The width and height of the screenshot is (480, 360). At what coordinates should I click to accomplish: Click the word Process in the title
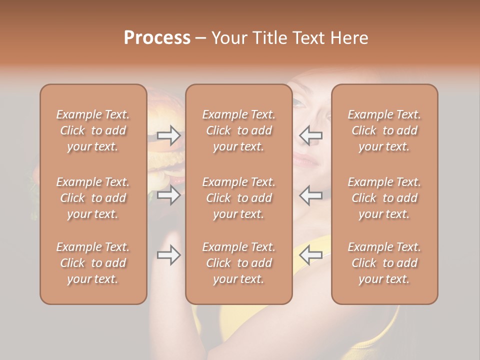click(x=157, y=38)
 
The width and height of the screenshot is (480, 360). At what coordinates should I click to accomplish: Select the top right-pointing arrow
click(x=168, y=135)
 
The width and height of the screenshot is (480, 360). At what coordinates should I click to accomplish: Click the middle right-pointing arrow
click(x=168, y=195)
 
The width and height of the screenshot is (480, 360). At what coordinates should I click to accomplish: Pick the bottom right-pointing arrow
click(x=168, y=255)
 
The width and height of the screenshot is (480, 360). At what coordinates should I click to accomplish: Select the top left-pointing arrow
click(x=310, y=135)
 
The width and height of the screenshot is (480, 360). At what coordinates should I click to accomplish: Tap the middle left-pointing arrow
click(x=310, y=195)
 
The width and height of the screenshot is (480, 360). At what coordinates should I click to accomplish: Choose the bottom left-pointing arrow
click(x=310, y=255)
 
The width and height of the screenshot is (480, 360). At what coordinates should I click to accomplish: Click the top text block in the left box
click(x=93, y=130)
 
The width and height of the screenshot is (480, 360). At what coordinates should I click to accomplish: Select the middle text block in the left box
click(x=93, y=198)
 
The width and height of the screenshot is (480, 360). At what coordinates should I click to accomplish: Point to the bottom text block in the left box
click(x=93, y=263)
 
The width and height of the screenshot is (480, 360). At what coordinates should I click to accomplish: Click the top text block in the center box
click(x=239, y=130)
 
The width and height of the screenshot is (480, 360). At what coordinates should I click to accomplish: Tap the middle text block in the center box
click(x=239, y=198)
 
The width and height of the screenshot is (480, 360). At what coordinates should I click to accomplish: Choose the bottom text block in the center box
click(x=239, y=263)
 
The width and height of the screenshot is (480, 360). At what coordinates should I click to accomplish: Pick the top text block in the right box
click(x=384, y=130)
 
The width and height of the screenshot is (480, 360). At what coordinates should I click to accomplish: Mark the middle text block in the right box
click(x=384, y=198)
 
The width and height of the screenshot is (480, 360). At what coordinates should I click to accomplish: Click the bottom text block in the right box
click(x=384, y=263)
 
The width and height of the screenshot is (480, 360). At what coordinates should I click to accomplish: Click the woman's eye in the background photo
click(x=298, y=103)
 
